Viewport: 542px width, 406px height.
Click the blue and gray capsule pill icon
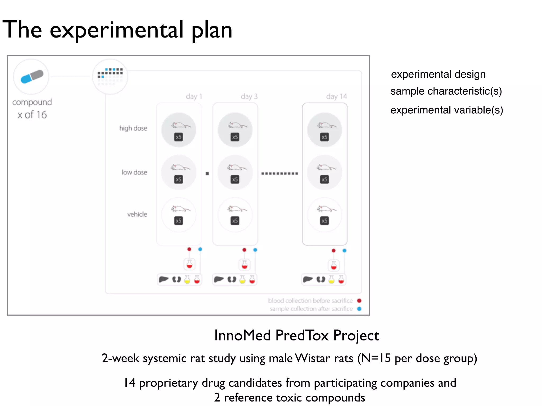(32, 77)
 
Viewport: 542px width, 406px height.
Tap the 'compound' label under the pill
(32, 102)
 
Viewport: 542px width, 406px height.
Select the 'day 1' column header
(194, 96)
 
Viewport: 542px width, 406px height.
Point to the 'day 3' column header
(249, 96)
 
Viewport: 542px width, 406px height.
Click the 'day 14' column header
(336, 96)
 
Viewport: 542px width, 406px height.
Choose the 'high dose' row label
(133, 128)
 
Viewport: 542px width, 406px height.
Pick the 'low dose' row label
(134, 173)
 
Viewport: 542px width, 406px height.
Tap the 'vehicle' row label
(137, 214)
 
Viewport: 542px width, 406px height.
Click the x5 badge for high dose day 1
(179, 137)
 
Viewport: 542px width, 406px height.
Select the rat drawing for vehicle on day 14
(326, 209)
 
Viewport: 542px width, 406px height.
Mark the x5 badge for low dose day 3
(235, 179)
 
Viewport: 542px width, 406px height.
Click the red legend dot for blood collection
(359, 301)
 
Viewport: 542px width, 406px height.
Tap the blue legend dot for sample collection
(359, 309)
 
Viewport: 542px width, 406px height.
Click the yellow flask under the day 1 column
(187, 280)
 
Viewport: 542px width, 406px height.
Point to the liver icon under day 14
(308, 279)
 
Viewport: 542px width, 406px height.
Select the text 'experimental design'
(438, 75)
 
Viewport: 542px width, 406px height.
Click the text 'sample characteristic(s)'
(446, 91)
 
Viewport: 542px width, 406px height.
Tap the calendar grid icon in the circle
(110, 76)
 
